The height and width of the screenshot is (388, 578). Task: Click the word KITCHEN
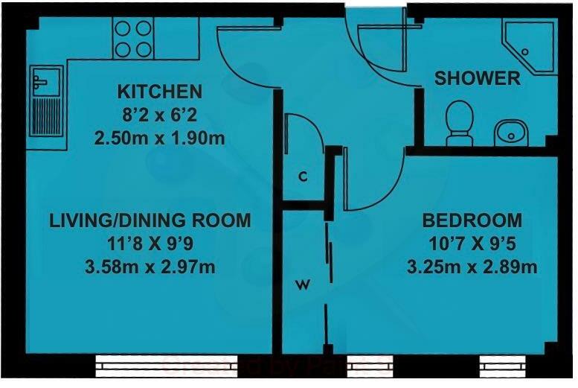(160, 92)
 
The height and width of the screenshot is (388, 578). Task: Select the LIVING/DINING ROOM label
(150, 220)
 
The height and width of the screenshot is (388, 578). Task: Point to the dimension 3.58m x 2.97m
(150, 266)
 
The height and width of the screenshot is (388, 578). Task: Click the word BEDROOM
(472, 220)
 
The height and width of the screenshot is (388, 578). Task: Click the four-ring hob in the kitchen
(133, 39)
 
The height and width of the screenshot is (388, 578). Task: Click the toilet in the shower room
(459, 121)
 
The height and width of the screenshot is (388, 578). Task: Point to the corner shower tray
(530, 45)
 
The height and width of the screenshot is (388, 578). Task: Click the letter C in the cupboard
(303, 177)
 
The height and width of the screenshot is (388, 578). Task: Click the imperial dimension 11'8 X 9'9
(150, 243)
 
